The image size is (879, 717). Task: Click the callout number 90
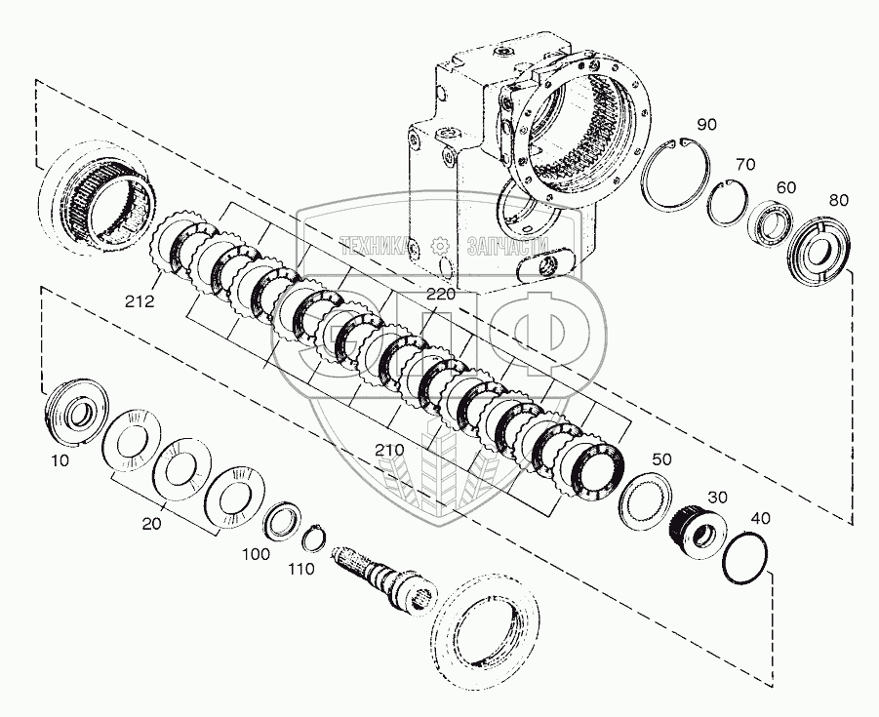pyautogui.click(x=706, y=124)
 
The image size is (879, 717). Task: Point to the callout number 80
pyautogui.click(x=838, y=201)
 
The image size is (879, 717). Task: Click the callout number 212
pyautogui.click(x=140, y=302)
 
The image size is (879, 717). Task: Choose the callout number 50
pyautogui.click(x=662, y=458)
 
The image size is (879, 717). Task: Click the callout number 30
pyautogui.click(x=717, y=498)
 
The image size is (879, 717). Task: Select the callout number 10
pyautogui.click(x=60, y=459)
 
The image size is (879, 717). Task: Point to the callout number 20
pyautogui.click(x=150, y=524)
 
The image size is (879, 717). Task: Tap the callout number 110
pyautogui.click(x=301, y=570)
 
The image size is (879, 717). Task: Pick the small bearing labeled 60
pyautogui.click(x=770, y=225)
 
